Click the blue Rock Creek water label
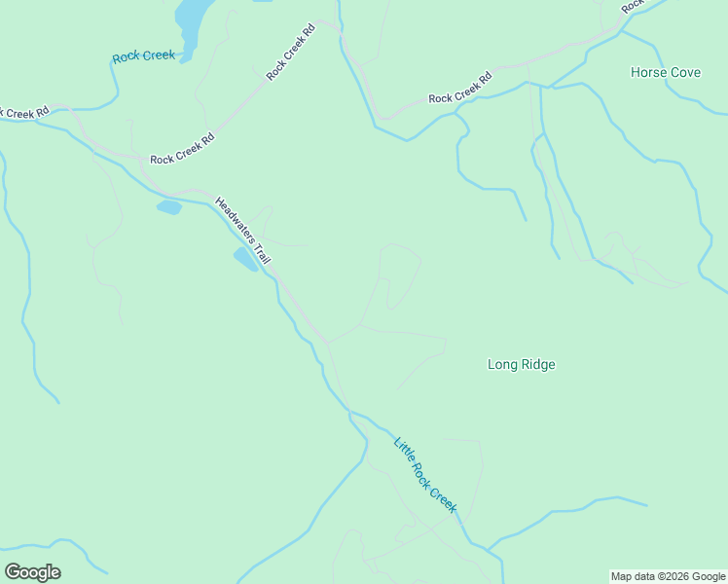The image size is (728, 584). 143,55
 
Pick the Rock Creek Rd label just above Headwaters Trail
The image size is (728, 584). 182,149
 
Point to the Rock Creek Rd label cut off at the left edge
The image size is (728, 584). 24,113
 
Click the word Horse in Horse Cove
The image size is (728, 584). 647,72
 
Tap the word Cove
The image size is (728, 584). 684,72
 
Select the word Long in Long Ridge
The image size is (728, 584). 501,364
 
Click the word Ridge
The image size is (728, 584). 537,364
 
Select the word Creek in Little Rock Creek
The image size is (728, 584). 443,498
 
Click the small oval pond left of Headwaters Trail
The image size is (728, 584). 169,207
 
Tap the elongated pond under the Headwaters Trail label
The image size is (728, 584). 244,259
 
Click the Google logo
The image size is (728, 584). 32,571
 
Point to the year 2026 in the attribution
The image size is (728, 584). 677,576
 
